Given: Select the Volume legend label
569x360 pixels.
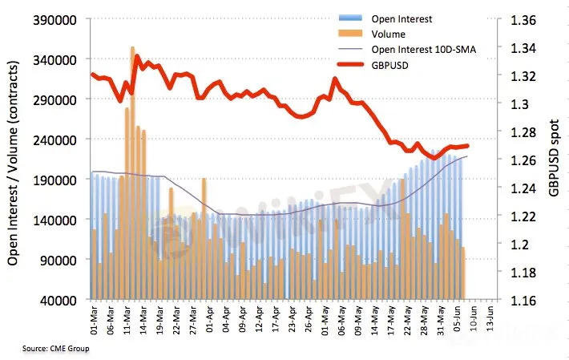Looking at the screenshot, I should (x=389, y=34).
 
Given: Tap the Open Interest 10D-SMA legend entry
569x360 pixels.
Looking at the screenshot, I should (x=423, y=51).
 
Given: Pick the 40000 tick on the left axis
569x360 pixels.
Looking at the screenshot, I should (x=65, y=299).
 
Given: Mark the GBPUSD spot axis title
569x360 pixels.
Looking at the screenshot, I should (x=553, y=158).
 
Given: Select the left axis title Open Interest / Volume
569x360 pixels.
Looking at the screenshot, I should (x=14, y=159).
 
